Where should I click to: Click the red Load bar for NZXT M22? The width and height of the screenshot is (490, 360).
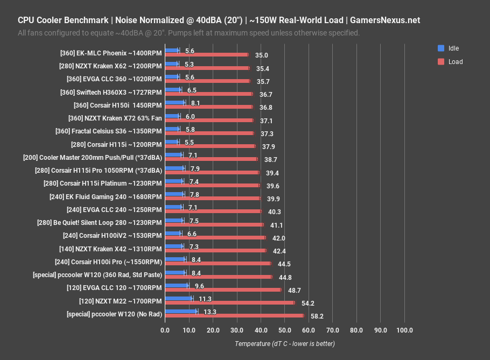[x=230, y=302]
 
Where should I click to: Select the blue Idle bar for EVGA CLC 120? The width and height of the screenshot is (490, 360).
[x=177, y=285]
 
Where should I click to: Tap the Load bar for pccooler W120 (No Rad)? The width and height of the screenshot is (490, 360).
[x=235, y=315]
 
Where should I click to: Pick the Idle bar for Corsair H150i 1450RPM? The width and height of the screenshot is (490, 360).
[x=175, y=102]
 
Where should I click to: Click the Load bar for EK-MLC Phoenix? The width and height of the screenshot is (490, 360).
[x=207, y=55]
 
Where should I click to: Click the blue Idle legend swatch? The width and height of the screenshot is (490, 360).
[x=441, y=48]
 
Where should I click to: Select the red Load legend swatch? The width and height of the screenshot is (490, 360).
[x=441, y=61]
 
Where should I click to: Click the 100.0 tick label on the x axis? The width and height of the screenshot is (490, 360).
[x=404, y=330]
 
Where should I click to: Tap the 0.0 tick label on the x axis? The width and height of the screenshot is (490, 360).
[x=165, y=330]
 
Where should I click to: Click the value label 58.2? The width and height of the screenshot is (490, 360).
[x=317, y=316]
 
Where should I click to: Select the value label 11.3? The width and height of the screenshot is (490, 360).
[x=205, y=298]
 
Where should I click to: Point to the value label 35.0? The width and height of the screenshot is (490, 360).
[x=262, y=55]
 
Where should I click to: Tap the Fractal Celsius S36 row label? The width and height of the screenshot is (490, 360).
[x=108, y=131]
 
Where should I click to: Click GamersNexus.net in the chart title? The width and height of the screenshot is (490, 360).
[x=385, y=20]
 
